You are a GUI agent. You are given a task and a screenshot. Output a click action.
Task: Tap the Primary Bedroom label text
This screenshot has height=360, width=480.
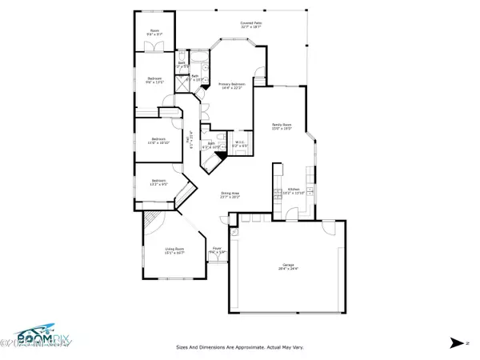click(230, 86)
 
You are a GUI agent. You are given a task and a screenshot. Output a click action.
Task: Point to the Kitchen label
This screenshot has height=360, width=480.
click(294, 192)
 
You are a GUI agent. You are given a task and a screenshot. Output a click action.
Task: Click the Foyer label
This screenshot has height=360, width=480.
click(217, 251)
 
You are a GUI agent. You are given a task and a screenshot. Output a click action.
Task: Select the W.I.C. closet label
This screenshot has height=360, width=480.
click(239, 146)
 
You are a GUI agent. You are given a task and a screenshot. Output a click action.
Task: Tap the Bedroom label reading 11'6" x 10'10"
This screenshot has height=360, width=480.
click(158, 141)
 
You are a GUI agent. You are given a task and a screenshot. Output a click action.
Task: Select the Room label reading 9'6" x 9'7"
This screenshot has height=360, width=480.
click(154, 34)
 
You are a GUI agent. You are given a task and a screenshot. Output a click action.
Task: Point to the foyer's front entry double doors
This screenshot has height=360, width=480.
click(217, 262)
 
